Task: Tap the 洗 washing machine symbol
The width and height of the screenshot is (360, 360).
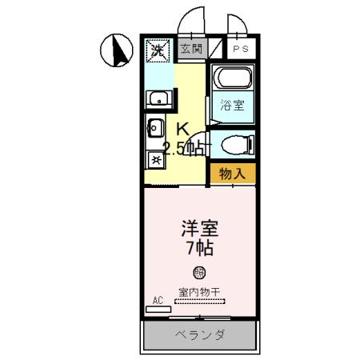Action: (158, 51)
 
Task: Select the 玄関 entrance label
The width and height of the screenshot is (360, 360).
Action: (190, 50)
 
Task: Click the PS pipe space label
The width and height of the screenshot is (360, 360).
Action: (239, 50)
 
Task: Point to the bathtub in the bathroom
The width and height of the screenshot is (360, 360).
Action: (233, 80)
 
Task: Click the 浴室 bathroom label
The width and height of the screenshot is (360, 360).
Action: (233, 105)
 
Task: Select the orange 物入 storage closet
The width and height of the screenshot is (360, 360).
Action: (233, 172)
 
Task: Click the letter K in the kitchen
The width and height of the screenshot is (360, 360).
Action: (182, 128)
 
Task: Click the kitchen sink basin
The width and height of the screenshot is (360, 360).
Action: (155, 128)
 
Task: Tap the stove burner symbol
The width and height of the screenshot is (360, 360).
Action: (155, 159)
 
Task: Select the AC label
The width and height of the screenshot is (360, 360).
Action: (158, 300)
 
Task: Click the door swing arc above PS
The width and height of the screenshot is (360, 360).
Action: (235, 24)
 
